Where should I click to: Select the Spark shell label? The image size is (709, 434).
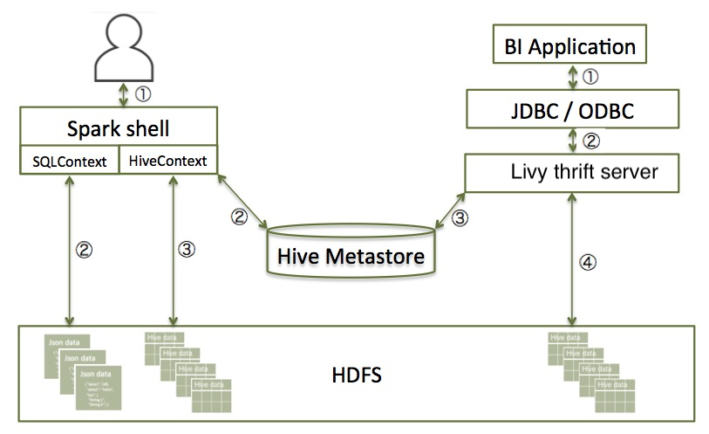pyautogui.click(x=118, y=129)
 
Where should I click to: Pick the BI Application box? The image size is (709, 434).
pyautogui.click(x=570, y=46)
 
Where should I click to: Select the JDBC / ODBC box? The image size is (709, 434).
pyautogui.click(x=570, y=111)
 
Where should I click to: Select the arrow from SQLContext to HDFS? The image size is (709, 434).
pyautogui.click(x=67, y=249)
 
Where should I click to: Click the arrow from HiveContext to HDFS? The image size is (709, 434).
pyautogui.click(x=174, y=249)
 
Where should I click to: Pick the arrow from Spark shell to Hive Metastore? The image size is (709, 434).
pyautogui.click(x=243, y=200)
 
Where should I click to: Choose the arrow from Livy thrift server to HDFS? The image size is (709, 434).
pyautogui.click(x=571, y=258)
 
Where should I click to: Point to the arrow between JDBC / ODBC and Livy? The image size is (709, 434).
pyautogui.click(x=573, y=141)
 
